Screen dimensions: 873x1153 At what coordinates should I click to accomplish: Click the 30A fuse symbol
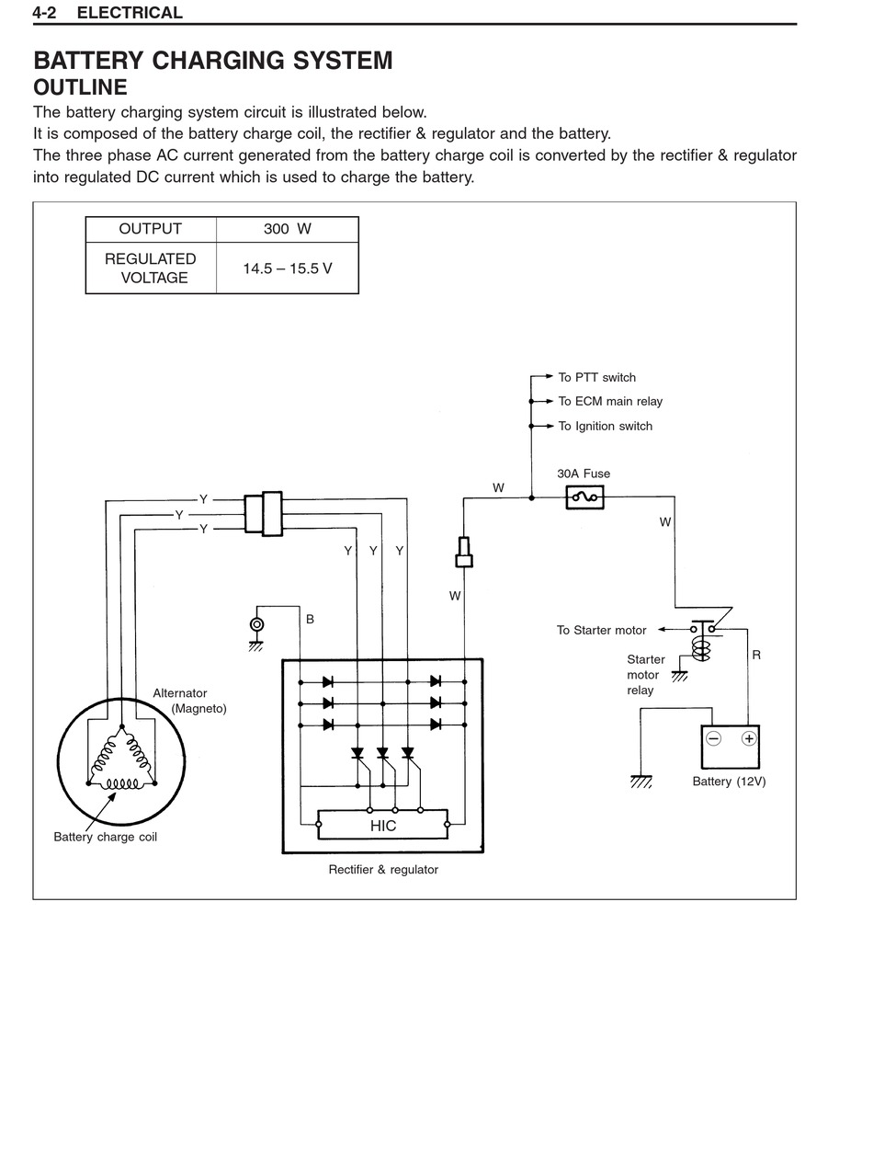[584, 497]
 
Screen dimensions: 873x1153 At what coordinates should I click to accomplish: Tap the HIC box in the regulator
[382, 824]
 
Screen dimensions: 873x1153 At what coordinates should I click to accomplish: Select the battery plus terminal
[749, 738]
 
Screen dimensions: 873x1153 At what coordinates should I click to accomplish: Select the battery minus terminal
[713, 738]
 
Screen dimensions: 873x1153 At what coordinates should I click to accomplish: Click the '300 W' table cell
[287, 229]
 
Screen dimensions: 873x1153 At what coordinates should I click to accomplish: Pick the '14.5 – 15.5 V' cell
[287, 268]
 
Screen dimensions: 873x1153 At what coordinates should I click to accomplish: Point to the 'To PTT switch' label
[597, 377]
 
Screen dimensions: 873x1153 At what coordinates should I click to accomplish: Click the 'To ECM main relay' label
[610, 401]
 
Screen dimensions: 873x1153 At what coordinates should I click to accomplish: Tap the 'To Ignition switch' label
[606, 426]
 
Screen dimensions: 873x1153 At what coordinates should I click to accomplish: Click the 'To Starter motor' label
[601, 630]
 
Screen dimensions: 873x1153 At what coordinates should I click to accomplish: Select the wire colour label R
[756, 655]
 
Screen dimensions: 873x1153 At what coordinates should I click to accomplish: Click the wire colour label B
[310, 619]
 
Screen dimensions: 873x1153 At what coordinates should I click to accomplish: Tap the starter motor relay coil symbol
[701, 649]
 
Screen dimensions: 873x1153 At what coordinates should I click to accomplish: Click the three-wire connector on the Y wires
[264, 513]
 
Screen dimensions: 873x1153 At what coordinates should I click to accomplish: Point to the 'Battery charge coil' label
[105, 837]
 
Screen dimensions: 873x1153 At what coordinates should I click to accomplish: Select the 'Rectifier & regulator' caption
[383, 869]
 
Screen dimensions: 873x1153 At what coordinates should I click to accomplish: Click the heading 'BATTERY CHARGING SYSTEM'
[212, 60]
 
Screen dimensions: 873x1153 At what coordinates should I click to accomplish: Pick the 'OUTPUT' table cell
[150, 229]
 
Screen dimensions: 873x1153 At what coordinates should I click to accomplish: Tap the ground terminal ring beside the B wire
[256, 624]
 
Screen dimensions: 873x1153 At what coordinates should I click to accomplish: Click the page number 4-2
[44, 13]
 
